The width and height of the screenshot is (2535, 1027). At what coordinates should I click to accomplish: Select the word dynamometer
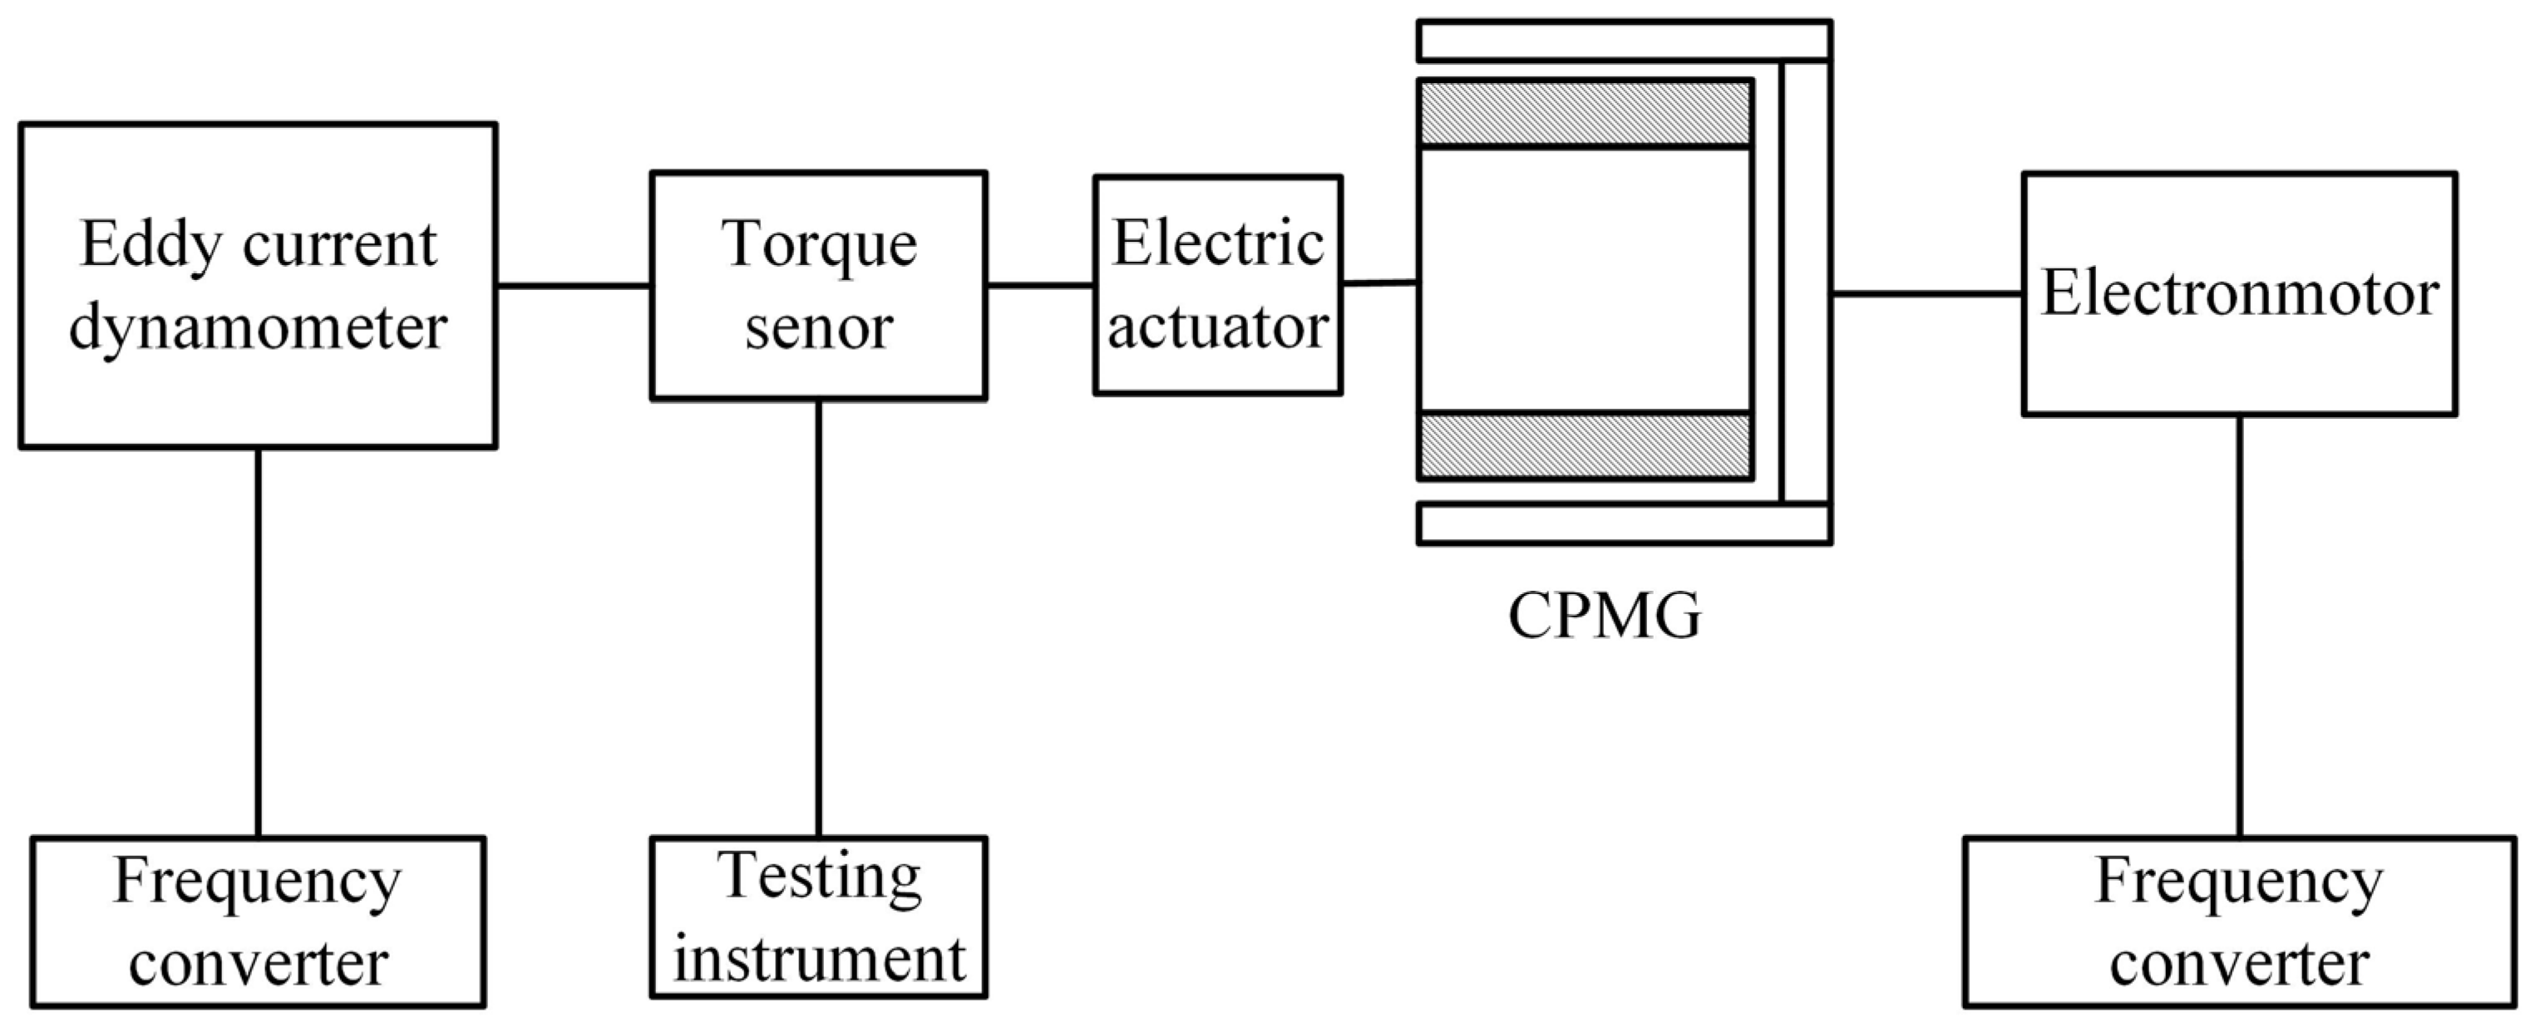click(258, 327)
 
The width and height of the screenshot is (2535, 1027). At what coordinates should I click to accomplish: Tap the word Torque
click(819, 246)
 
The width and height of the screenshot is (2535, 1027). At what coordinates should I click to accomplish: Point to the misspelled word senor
click(819, 327)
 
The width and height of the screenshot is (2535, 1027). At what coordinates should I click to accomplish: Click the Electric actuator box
click(1217, 285)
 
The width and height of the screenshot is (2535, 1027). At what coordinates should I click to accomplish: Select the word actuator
click(1217, 327)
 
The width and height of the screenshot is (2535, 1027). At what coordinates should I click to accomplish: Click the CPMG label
click(1604, 617)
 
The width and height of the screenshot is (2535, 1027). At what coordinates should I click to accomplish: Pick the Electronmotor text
click(2240, 294)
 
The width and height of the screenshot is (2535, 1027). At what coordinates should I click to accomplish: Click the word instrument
click(819, 960)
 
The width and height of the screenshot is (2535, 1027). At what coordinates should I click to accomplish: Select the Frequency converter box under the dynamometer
click(258, 921)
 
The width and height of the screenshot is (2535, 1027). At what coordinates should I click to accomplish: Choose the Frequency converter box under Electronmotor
click(2240, 921)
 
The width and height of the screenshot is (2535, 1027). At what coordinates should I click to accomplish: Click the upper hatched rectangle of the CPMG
click(1585, 114)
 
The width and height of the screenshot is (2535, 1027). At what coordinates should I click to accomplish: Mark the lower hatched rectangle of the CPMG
click(1585, 445)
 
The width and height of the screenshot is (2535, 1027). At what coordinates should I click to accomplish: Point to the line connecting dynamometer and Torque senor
click(573, 287)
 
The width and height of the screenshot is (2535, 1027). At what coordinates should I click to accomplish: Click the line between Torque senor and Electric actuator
click(1040, 287)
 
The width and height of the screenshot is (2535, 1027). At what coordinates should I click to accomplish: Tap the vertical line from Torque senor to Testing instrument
click(819, 617)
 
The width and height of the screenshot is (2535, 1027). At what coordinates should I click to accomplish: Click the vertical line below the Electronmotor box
click(2241, 626)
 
